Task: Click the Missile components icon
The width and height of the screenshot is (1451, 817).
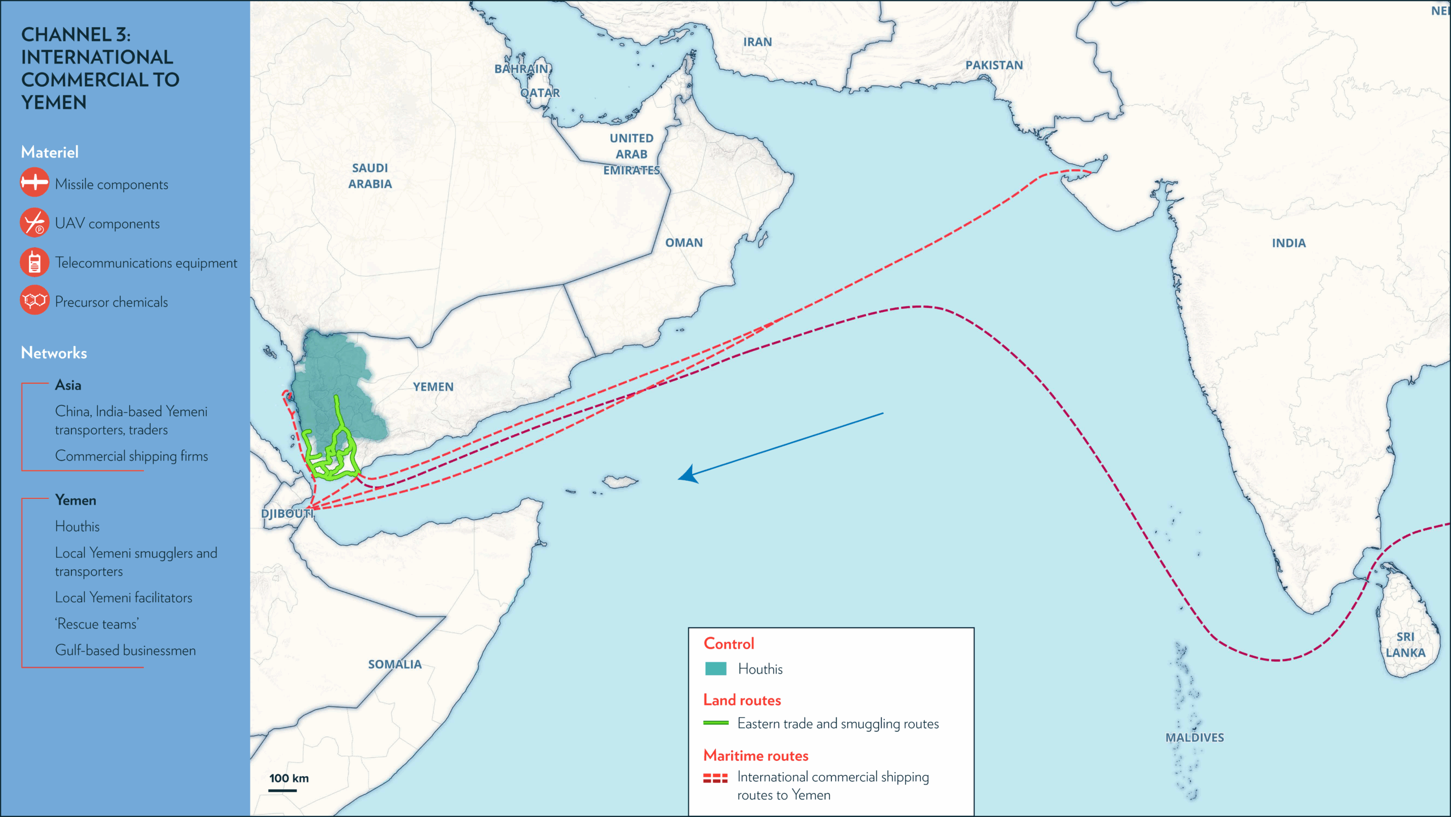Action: [35, 183]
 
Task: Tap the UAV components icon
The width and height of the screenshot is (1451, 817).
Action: [35, 222]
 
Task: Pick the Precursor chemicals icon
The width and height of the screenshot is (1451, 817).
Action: [35, 300]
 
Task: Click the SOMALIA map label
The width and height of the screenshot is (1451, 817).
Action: [394, 664]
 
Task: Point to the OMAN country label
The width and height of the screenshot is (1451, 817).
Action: [684, 243]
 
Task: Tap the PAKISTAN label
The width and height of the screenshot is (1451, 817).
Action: [994, 65]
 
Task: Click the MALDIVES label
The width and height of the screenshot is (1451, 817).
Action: [1194, 738]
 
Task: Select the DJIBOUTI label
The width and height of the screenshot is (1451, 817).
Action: [287, 514]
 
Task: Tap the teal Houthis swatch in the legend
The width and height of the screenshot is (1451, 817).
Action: [715, 669]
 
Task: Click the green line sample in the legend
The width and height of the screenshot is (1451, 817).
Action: [715, 723]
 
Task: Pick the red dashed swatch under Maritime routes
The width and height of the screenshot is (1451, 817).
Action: [715, 778]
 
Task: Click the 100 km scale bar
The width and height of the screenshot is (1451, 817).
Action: [283, 790]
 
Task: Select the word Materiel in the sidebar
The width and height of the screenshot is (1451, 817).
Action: [50, 152]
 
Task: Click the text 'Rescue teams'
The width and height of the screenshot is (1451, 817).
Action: [97, 624]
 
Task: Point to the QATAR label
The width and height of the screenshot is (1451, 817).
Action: [540, 93]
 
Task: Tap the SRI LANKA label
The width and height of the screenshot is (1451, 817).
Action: [1405, 645]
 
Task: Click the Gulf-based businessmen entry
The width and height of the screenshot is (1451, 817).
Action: [125, 650]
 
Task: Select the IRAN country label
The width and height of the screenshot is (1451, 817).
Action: [757, 42]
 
